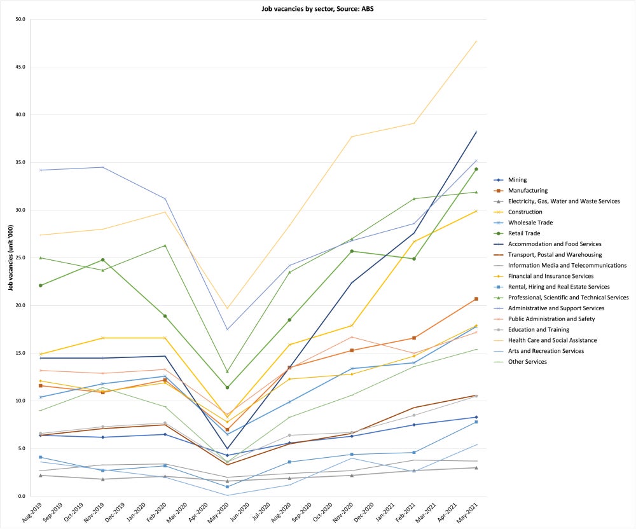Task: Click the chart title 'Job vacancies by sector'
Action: pyautogui.click(x=318, y=9)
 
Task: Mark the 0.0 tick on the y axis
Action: pyautogui.click(x=20, y=496)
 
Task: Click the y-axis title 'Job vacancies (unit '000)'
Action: pyautogui.click(x=10, y=258)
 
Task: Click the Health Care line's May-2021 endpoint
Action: pyautogui.click(x=476, y=41)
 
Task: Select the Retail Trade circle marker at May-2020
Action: pyautogui.click(x=228, y=387)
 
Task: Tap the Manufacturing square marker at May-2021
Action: pyautogui.click(x=476, y=299)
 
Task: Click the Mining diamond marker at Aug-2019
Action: pyautogui.click(x=41, y=435)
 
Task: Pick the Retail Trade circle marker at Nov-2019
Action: pyautogui.click(x=103, y=259)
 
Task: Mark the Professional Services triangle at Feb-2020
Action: pyautogui.click(x=165, y=245)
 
